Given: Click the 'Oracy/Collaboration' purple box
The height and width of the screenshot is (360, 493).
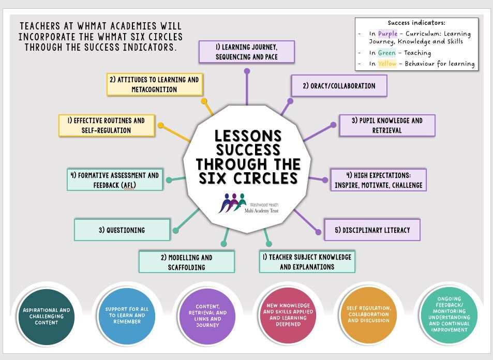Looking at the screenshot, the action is pos(339,85).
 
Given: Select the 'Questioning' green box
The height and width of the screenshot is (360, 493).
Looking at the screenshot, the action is pos(122,230).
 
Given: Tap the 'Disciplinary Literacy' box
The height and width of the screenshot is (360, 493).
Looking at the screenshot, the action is pos(372,230).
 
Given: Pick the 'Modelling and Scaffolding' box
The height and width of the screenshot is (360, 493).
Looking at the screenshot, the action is pos(186,262).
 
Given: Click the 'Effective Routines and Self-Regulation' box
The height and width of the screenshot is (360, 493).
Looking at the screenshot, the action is pos(107,126).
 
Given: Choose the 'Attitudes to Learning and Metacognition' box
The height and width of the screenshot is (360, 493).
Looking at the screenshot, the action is pos(154,84).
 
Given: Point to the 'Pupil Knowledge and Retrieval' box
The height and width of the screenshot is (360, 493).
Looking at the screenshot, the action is pos(387,126).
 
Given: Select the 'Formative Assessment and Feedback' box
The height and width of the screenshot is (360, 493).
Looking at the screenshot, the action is pos(115,180).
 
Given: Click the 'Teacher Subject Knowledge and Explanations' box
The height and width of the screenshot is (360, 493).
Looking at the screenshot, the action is pos(307,262).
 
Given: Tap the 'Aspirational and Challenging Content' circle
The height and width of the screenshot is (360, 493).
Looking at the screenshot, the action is pos(46,317).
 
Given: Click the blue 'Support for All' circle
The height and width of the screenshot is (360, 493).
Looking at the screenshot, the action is pos(127,316).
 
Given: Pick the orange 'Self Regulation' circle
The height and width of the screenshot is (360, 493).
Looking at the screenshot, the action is pos(368,314).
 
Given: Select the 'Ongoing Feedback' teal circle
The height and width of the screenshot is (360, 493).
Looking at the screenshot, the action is pos(449,314).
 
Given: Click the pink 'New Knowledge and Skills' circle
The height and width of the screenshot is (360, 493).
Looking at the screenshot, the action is pos(288,315).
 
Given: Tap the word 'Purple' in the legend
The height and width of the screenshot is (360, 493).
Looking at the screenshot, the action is pos(387,34).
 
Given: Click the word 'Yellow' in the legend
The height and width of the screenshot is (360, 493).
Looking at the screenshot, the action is pos(387,64).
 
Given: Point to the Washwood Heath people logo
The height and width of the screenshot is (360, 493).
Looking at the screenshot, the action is pos(232,203).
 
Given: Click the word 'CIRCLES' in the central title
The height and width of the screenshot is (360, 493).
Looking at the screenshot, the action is pos(265,178).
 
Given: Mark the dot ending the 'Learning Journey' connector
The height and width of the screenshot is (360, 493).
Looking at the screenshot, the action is pos(247,71).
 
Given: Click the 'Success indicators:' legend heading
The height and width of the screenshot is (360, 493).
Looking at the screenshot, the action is pos(416,23).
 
